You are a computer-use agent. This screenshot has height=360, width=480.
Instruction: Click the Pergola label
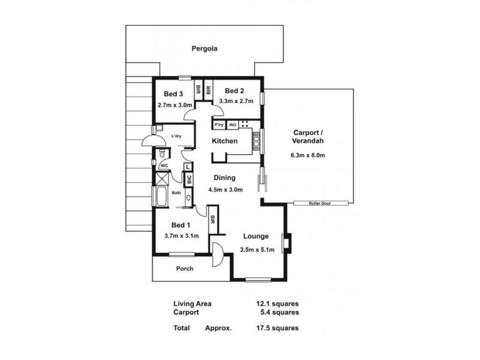(x=204, y=49)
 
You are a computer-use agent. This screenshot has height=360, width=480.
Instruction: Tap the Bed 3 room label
(x=173, y=94)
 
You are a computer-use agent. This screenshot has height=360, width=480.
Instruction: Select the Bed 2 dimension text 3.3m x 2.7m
(x=236, y=101)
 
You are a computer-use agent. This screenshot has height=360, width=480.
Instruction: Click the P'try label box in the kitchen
(x=218, y=125)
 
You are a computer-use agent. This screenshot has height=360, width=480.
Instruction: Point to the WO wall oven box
(x=232, y=125)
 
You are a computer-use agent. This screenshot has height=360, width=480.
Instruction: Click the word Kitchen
(x=224, y=141)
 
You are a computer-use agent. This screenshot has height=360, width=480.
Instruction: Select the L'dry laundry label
(x=176, y=136)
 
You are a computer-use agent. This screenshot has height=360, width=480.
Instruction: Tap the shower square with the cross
(x=161, y=179)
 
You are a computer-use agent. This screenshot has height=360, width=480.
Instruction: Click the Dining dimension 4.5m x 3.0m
(x=225, y=190)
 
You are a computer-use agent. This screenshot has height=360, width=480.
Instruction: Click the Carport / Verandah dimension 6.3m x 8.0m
(x=309, y=155)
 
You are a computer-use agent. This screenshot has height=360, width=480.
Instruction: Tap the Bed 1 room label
(x=181, y=225)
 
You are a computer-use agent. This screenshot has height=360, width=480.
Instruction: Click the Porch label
(x=184, y=268)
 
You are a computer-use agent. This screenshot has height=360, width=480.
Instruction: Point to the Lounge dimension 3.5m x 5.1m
(x=256, y=249)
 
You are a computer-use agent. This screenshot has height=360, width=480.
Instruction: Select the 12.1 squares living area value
(x=277, y=304)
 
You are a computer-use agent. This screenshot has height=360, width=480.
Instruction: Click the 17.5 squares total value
(x=277, y=328)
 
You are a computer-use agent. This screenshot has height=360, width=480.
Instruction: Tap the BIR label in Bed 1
(x=212, y=220)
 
